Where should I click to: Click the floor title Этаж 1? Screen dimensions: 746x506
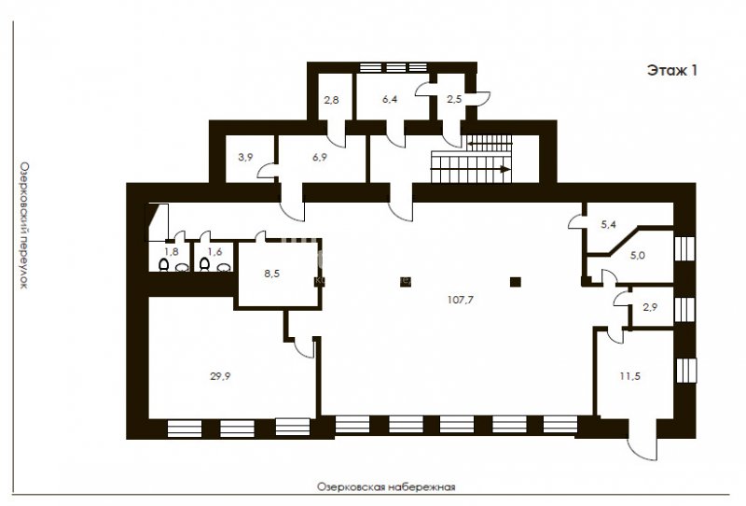(x=671, y=71)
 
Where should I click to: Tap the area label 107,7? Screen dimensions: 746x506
(x=461, y=300)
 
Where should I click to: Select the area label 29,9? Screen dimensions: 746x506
(x=220, y=376)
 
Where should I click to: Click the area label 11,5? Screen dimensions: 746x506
(x=629, y=376)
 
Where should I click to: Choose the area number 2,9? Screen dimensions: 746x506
(x=650, y=307)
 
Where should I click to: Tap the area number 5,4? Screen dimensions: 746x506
(x=608, y=224)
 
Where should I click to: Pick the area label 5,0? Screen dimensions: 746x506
(x=638, y=256)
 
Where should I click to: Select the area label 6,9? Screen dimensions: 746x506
(x=320, y=157)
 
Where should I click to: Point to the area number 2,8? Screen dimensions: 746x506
(x=332, y=100)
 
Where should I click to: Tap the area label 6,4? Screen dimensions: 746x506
(x=390, y=99)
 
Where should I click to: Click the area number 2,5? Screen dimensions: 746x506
(x=454, y=99)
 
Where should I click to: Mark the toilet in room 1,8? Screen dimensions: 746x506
(x=163, y=264)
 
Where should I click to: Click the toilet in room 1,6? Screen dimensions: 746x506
(x=204, y=264)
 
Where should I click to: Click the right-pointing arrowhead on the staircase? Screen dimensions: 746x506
(x=505, y=169)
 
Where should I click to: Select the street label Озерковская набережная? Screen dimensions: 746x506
(x=386, y=487)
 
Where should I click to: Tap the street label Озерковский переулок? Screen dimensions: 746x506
(x=24, y=225)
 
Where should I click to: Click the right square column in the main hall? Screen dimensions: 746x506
(x=516, y=282)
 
